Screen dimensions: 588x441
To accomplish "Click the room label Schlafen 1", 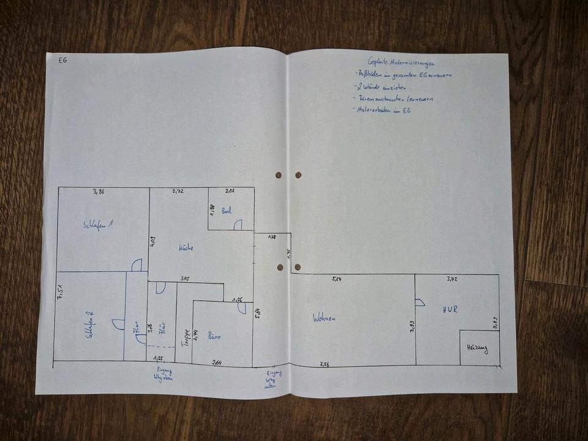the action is [x=99, y=225].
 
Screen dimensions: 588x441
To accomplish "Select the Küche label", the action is [x=186, y=248].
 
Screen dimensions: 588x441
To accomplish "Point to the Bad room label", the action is [x=226, y=211].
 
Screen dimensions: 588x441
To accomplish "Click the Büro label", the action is [x=214, y=336].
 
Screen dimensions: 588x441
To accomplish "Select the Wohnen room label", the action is [x=325, y=318].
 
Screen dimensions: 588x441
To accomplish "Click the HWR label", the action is [x=450, y=310].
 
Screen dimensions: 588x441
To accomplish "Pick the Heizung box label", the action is [x=477, y=349].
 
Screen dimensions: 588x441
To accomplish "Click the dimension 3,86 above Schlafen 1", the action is [x=99, y=192].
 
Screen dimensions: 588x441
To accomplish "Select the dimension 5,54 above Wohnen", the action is [x=337, y=279].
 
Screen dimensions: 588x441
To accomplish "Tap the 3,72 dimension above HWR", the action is [x=452, y=279].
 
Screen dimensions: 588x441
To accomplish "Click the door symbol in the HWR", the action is [x=420, y=303].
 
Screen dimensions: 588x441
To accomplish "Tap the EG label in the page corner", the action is [x=62, y=61].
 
